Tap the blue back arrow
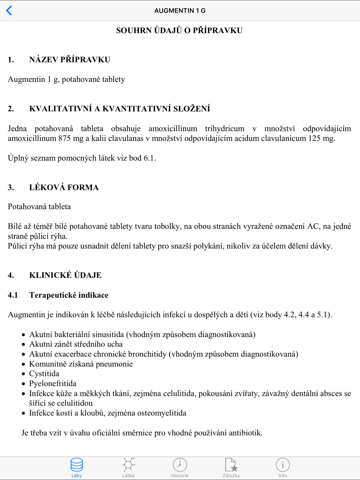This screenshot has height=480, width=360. click(9, 10)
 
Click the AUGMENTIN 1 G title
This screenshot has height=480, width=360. click(180, 11)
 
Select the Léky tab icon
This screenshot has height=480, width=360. click(77, 465)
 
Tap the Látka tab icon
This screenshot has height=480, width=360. click(129, 465)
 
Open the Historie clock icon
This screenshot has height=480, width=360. click(180, 465)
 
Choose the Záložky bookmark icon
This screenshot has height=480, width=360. click(231, 465)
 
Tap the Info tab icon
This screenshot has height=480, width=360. click(283, 465)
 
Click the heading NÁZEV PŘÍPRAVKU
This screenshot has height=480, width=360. click(69, 60)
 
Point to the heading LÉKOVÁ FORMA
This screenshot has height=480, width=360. click(64, 187)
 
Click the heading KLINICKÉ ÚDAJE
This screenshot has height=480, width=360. click(65, 275)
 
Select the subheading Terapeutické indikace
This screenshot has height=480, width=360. click(69, 295)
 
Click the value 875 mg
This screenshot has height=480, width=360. click(71, 139)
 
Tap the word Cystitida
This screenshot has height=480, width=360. click(44, 374)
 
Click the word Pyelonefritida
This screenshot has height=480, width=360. click(53, 384)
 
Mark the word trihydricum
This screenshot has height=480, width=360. click(224, 129)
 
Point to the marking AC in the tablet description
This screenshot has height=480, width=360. click(313, 226)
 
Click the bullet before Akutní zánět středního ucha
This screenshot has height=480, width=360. click(23, 345)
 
